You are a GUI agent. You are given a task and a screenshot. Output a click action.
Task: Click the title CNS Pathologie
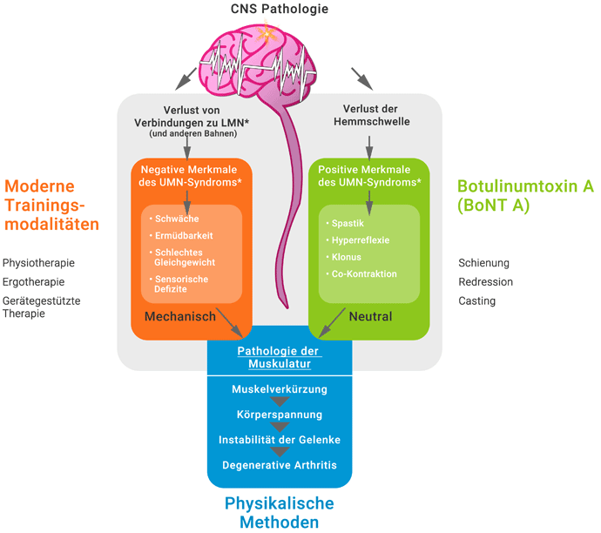click(280, 10)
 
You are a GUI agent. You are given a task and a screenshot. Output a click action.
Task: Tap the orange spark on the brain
click(267, 36)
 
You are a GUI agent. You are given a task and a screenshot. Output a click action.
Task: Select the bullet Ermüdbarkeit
click(184, 235)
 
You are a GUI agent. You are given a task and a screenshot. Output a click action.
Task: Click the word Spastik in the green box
click(348, 224)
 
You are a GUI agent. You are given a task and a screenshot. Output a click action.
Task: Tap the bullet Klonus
click(347, 257)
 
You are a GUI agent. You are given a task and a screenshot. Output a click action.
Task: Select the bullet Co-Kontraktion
click(364, 273)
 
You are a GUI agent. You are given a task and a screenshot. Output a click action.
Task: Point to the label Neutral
click(370, 316)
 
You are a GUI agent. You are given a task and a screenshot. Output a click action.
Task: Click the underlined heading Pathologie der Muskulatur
click(280, 357)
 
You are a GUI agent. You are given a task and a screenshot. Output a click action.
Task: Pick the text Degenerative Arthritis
click(280, 464)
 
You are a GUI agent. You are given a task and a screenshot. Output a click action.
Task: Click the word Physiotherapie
click(38, 263)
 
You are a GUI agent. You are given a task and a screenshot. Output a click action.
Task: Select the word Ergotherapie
click(33, 282)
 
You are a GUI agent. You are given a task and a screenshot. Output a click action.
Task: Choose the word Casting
click(477, 301)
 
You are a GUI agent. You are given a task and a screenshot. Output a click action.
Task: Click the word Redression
click(486, 282)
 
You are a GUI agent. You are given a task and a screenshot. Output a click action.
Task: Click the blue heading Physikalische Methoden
click(280, 512)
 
